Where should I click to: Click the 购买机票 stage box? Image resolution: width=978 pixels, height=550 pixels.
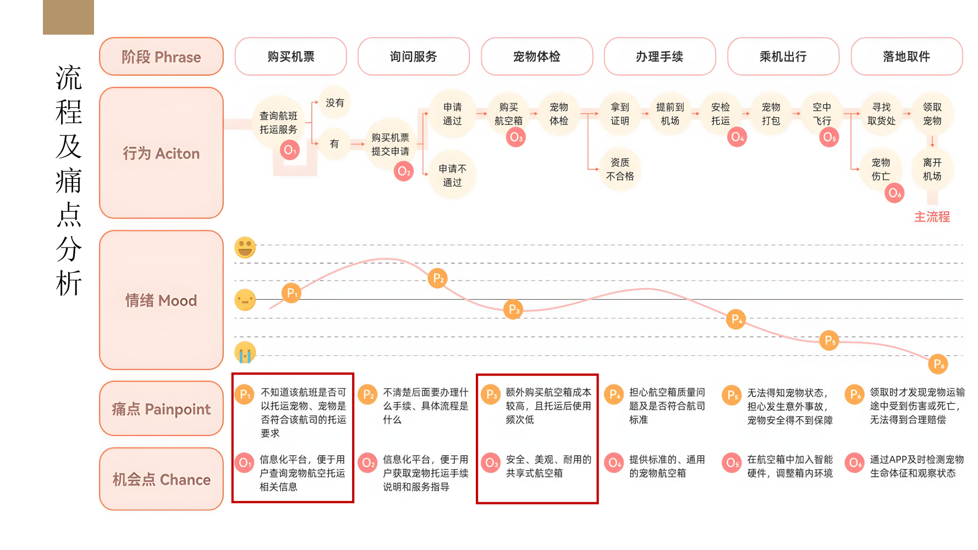tap(290, 57)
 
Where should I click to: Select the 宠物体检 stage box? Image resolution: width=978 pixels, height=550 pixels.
tap(537, 57)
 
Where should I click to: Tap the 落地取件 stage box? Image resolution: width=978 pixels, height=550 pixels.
tap(906, 57)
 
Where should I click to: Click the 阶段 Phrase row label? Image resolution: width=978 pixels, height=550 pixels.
tap(161, 57)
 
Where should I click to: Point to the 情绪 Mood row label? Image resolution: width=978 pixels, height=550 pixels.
tap(161, 300)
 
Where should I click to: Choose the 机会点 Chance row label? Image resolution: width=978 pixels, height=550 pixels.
tap(161, 480)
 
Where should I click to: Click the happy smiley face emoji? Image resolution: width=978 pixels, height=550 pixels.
tap(245, 248)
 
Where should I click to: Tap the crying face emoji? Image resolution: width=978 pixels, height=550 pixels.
tap(245, 353)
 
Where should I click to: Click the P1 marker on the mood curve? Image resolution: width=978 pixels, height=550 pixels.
tap(292, 293)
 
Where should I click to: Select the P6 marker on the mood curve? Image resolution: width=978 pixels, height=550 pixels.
tap(938, 364)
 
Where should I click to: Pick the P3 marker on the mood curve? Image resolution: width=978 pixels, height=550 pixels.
tap(513, 309)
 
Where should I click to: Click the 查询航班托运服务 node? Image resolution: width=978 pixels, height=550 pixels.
tap(278, 122)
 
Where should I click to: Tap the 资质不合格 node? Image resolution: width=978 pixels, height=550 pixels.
tap(620, 169)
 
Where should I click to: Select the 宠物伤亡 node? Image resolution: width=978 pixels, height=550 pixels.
tap(881, 169)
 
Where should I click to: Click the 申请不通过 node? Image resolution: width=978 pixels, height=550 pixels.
tap(452, 175)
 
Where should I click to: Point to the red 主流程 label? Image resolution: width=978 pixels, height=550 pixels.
tap(932, 217)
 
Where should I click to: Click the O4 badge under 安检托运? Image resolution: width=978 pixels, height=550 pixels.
tap(737, 137)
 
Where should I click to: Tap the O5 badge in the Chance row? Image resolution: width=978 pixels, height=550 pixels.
tap(732, 463)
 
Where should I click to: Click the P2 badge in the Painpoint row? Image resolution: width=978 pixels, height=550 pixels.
tap(367, 395)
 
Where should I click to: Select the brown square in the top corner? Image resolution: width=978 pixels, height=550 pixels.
tap(68, 17)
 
